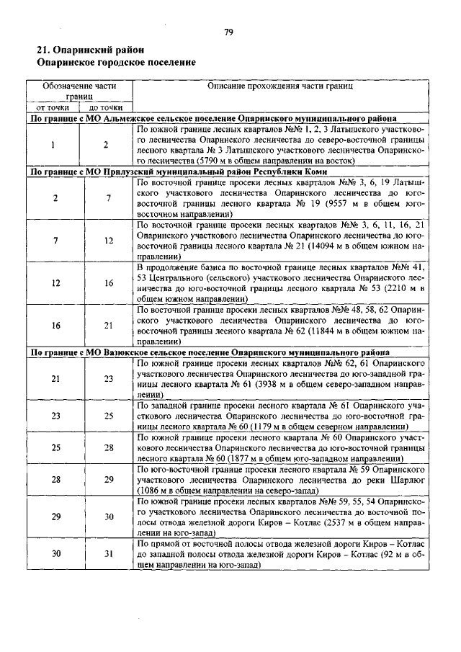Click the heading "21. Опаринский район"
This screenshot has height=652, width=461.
coord(85,50)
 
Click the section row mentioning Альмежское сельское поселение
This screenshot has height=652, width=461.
coord(211,117)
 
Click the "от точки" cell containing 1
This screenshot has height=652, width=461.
coord(54,145)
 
